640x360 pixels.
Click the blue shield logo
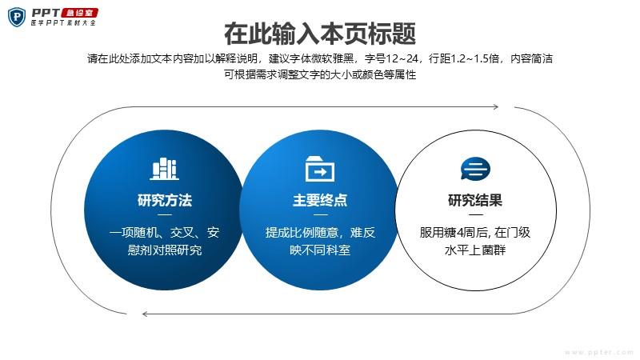(17, 17)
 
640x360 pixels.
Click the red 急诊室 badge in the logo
(79, 13)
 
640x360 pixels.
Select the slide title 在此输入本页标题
(320, 34)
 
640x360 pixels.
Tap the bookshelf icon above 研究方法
(164, 169)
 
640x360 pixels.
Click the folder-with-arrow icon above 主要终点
(320, 169)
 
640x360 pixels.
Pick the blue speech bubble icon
(475, 169)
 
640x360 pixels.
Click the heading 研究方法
(165, 201)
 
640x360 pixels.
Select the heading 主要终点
(320, 201)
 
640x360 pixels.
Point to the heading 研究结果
(475, 201)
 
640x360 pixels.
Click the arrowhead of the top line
(496, 107)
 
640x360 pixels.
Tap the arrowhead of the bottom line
(145, 314)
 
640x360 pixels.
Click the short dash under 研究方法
(165, 214)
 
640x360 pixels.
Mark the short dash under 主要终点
(320, 214)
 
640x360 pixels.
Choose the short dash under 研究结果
(475, 214)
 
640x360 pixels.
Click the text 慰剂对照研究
(165, 250)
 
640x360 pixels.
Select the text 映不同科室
(320, 250)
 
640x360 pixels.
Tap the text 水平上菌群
(475, 250)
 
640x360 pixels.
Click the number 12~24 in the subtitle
(402, 58)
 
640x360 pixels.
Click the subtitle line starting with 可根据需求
(320, 74)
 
